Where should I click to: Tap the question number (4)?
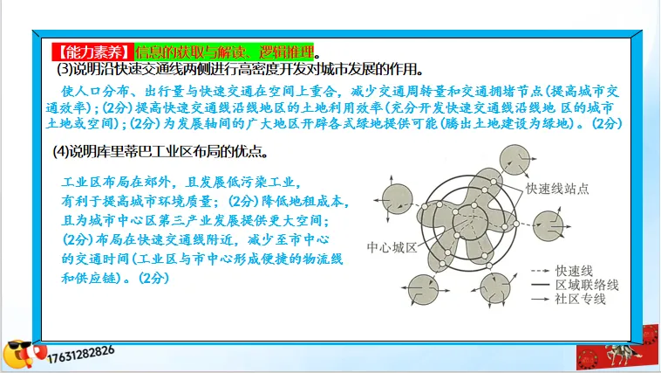tap(62, 152)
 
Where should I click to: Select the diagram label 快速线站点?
tap(557, 188)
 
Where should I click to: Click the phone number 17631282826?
tap(81, 350)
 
